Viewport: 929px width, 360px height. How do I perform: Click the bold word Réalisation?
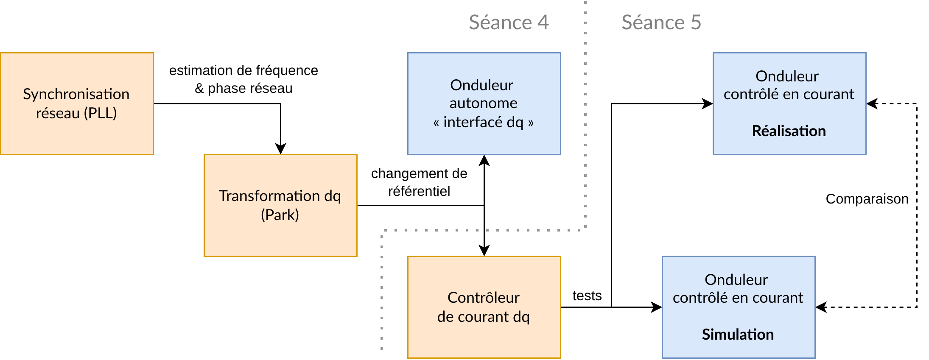click(x=789, y=131)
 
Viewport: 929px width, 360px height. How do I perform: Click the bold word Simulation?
click(x=738, y=335)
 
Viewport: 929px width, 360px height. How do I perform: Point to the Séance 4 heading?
click(x=509, y=22)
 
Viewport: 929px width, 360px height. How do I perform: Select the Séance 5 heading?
click(x=661, y=22)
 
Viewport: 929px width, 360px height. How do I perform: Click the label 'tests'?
click(x=587, y=296)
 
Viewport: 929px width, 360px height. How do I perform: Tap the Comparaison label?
click(x=867, y=199)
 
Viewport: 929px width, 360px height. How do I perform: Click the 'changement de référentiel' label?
click(x=419, y=182)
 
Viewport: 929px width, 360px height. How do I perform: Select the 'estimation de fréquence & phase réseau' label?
click(x=243, y=79)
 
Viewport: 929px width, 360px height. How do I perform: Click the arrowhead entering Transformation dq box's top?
click(x=280, y=149)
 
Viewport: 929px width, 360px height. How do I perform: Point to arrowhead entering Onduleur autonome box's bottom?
click(x=484, y=160)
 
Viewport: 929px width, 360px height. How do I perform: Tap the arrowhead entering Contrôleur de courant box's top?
click(x=484, y=251)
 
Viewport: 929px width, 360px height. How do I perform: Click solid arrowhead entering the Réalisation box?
click(x=708, y=103)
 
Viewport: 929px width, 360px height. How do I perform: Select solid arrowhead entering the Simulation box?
click(x=657, y=307)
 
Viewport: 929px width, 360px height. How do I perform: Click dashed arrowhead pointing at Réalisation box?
click(x=872, y=103)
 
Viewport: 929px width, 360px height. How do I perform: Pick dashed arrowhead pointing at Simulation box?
click(x=821, y=307)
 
